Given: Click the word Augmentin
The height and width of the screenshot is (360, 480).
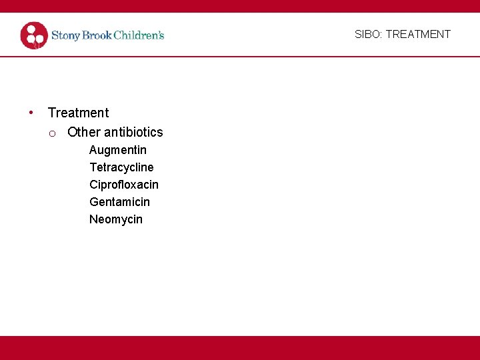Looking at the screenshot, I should tap(118, 150).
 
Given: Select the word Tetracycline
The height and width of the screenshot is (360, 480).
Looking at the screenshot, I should tap(121, 167).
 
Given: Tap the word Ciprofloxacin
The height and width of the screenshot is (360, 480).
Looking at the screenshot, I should tap(124, 185).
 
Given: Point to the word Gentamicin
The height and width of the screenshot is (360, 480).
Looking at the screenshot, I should tap(119, 202).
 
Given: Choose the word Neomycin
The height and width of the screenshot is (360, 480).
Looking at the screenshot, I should tap(116, 219).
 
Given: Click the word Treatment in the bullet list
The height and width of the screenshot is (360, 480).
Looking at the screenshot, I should tap(78, 113).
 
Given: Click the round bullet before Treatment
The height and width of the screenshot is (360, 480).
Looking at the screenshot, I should tap(31, 112).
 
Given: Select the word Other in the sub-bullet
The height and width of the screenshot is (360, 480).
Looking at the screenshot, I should tap(83, 132).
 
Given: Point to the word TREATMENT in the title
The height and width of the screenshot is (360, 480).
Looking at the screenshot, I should tap(418, 34).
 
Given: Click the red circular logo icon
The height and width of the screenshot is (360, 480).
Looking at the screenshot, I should tap(34, 35).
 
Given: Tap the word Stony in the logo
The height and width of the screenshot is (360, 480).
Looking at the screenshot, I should tap(66, 35).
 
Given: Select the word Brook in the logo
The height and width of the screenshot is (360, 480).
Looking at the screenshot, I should tap(96, 35).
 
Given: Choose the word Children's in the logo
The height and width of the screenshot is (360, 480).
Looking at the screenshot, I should tap(139, 35).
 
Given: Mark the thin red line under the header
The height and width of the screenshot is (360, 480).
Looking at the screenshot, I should tap(240, 57).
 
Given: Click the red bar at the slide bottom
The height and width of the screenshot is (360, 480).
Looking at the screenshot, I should tap(240, 348).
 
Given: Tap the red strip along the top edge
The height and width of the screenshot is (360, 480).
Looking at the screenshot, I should tap(240, 6).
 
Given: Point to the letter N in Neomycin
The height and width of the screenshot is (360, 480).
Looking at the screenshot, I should tap(93, 219).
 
